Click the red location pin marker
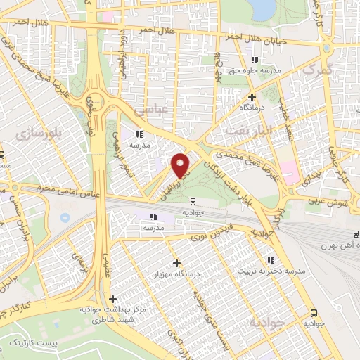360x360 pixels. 181,165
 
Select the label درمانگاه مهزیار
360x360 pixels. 177,274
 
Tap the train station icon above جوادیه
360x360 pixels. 192,201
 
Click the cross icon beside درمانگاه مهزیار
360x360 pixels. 176,263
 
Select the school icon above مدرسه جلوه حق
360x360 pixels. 255,60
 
